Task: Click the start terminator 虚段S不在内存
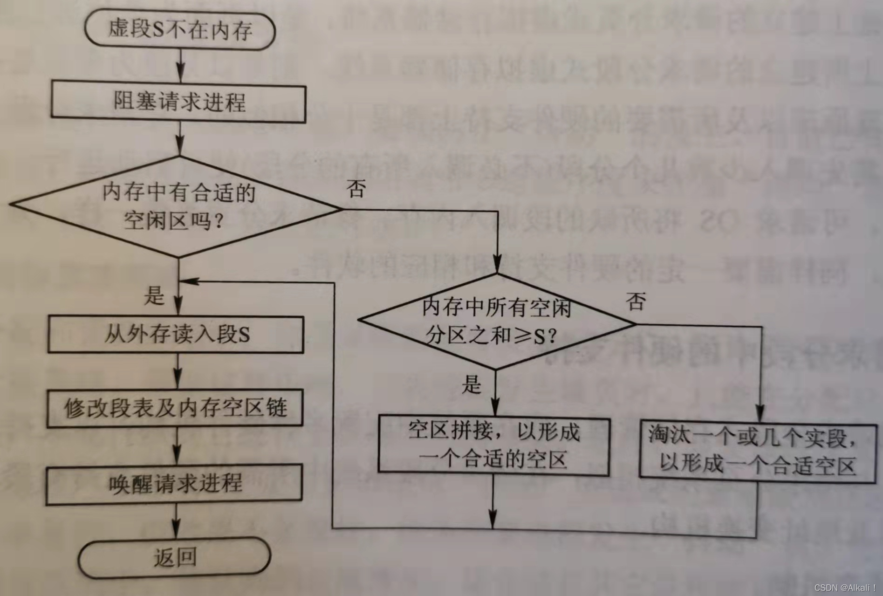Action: pos(180,30)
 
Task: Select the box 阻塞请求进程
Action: pos(178,102)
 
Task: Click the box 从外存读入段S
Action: pos(176,335)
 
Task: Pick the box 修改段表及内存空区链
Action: pos(175,408)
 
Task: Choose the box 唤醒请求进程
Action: pos(175,484)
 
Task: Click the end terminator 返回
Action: pos(174,558)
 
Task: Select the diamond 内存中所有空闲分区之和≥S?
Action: pos(496,322)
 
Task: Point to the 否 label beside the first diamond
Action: pos(356,189)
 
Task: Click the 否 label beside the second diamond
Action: pos(636,301)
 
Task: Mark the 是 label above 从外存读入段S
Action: pos(154,295)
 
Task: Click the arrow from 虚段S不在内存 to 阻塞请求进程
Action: pos(180,66)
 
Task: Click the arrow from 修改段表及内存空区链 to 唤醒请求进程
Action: pos(177,445)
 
